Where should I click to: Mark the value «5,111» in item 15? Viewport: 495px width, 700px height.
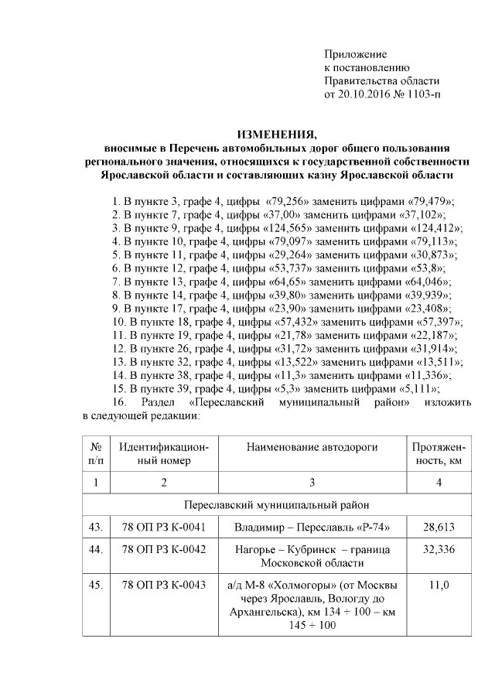pyautogui.click(x=415, y=388)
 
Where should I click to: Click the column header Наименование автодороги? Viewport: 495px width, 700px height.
pyautogui.click(x=311, y=447)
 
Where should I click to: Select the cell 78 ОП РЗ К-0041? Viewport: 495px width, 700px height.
pyautogui.click(x=164, y=528)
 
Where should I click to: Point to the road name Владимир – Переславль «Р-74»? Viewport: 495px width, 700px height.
pyautogui.click(x=311, y=528)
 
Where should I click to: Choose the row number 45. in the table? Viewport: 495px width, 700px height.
pyautogui.click(x=97, y=586)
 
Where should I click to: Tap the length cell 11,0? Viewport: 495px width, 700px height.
pyautogui.click(x=439, y=586)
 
